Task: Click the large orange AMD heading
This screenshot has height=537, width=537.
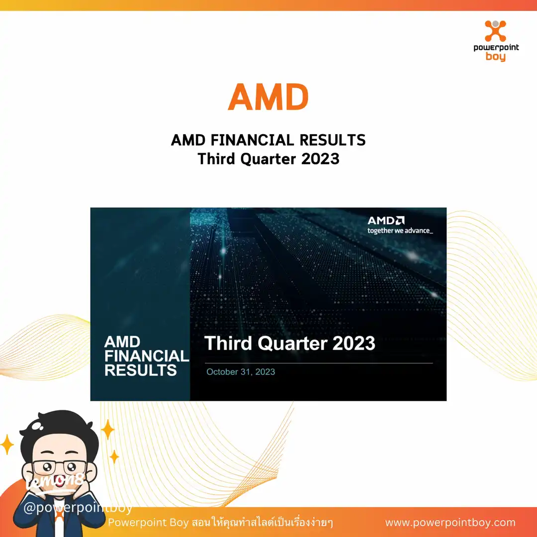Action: tap(268, 97)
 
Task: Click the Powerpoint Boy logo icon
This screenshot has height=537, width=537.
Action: tap(495, 31)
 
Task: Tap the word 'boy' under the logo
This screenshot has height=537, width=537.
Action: tap(495, 57)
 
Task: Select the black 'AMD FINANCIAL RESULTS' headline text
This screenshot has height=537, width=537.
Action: tap(268, 140)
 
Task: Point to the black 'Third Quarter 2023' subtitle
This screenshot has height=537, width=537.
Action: tap(268, 159)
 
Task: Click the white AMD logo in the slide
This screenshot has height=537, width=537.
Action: tap(386, 220)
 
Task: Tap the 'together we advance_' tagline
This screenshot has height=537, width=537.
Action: tap(400, 231)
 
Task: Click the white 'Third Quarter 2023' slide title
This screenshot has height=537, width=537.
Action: tap(290, 343)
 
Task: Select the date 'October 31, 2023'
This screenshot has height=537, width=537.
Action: tap(241, 372)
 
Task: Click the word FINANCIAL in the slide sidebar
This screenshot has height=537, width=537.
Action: tap(147, 356)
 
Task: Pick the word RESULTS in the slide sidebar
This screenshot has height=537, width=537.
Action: tap(141, 370)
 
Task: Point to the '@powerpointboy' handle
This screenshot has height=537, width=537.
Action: tap(78, 508)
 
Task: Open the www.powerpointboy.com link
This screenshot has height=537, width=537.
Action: tap(450, 523)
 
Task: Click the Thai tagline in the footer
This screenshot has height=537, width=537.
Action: tap(221, 523)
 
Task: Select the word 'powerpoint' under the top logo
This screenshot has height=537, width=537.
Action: tap(495, 48)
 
